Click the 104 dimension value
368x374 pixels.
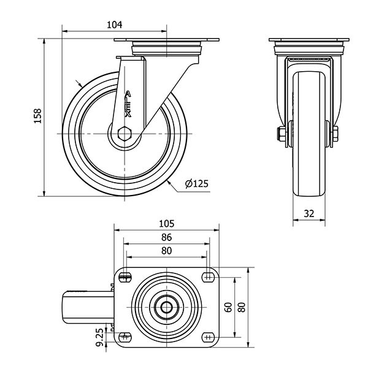(x=114, y=25)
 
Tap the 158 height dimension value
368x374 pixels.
(x=37, y=116)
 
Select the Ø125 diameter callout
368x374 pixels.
(x=197, y=184)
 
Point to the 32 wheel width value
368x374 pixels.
(x=309, y=213)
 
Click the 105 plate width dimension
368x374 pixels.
(x=167, y=224)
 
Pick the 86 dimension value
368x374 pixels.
(x=167, y=237)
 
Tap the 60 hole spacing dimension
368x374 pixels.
(x=228, y=307)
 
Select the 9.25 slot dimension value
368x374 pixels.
(x=100, y=337)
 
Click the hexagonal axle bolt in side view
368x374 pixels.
(x=125, y=134)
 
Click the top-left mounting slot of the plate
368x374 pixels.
(x=126, y=277)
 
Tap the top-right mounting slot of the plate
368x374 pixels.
(x=208, y=277)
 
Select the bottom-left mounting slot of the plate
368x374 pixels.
(x=126, y=337)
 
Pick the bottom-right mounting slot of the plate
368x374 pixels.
(x=208, y=337)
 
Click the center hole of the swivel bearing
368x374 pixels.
(x=167, y=307)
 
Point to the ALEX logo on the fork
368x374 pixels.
(x=128, y=104)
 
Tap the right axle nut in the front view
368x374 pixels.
(x=335, y=134)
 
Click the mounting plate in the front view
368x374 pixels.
(x=309, y=40)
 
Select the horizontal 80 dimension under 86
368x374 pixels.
(x=167, y=251)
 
